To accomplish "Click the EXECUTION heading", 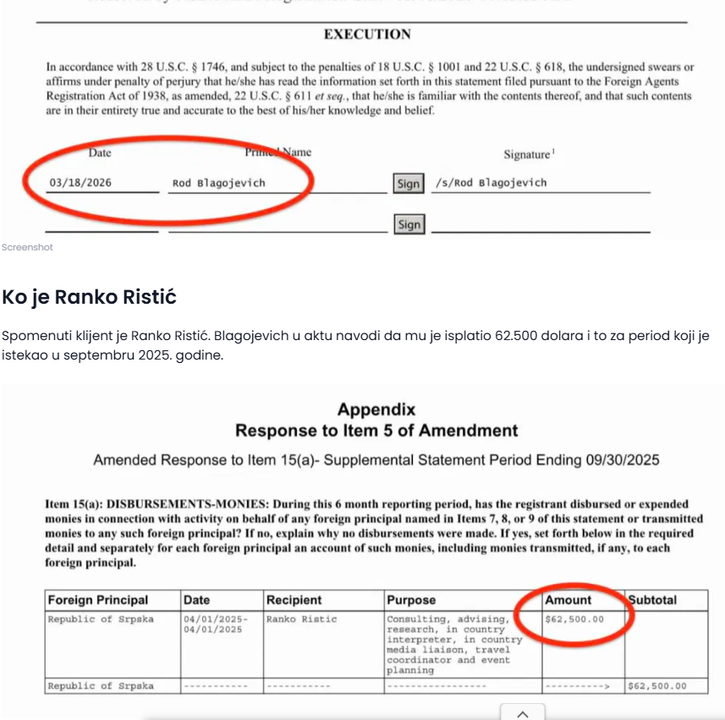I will [x=367, y=35].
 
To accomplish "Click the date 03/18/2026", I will [x=80, y=183].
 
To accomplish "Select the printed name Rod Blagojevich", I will [x=218, y=183].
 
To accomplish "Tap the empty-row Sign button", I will [x=409, y=224].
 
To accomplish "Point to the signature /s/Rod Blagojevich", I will [x=491, y=183].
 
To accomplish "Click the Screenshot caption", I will [x=27, y=247].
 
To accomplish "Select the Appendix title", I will [x=376, y=410].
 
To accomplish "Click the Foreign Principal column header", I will [x=98, y=600].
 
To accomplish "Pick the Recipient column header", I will [x=294, y=600].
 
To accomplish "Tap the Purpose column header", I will [x=411, y=600].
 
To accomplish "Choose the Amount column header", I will [x=568, y=600].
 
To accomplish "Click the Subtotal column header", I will [x=652, y=600].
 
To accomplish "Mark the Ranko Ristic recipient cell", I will [x=301, y=619].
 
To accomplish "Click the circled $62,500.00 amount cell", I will [x=575, y=619].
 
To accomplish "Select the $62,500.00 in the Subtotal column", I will [x=657, y=686].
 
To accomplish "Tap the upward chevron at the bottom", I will [x=523, y=713].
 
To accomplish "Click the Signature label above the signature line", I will [x=528, y=155].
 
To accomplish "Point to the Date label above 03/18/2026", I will [x=100, y=153].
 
